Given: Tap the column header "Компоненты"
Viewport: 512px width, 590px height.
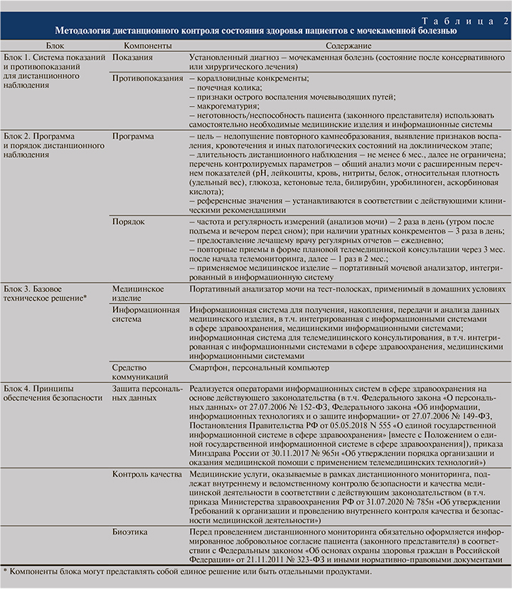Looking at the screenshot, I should (x=140, y=45).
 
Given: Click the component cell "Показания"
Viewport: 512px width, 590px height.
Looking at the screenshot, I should (x=132, y=55).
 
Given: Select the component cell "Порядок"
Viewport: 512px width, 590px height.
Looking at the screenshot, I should (x=129, y=222).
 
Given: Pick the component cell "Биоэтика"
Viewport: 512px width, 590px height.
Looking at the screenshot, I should (x=130, y=532).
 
